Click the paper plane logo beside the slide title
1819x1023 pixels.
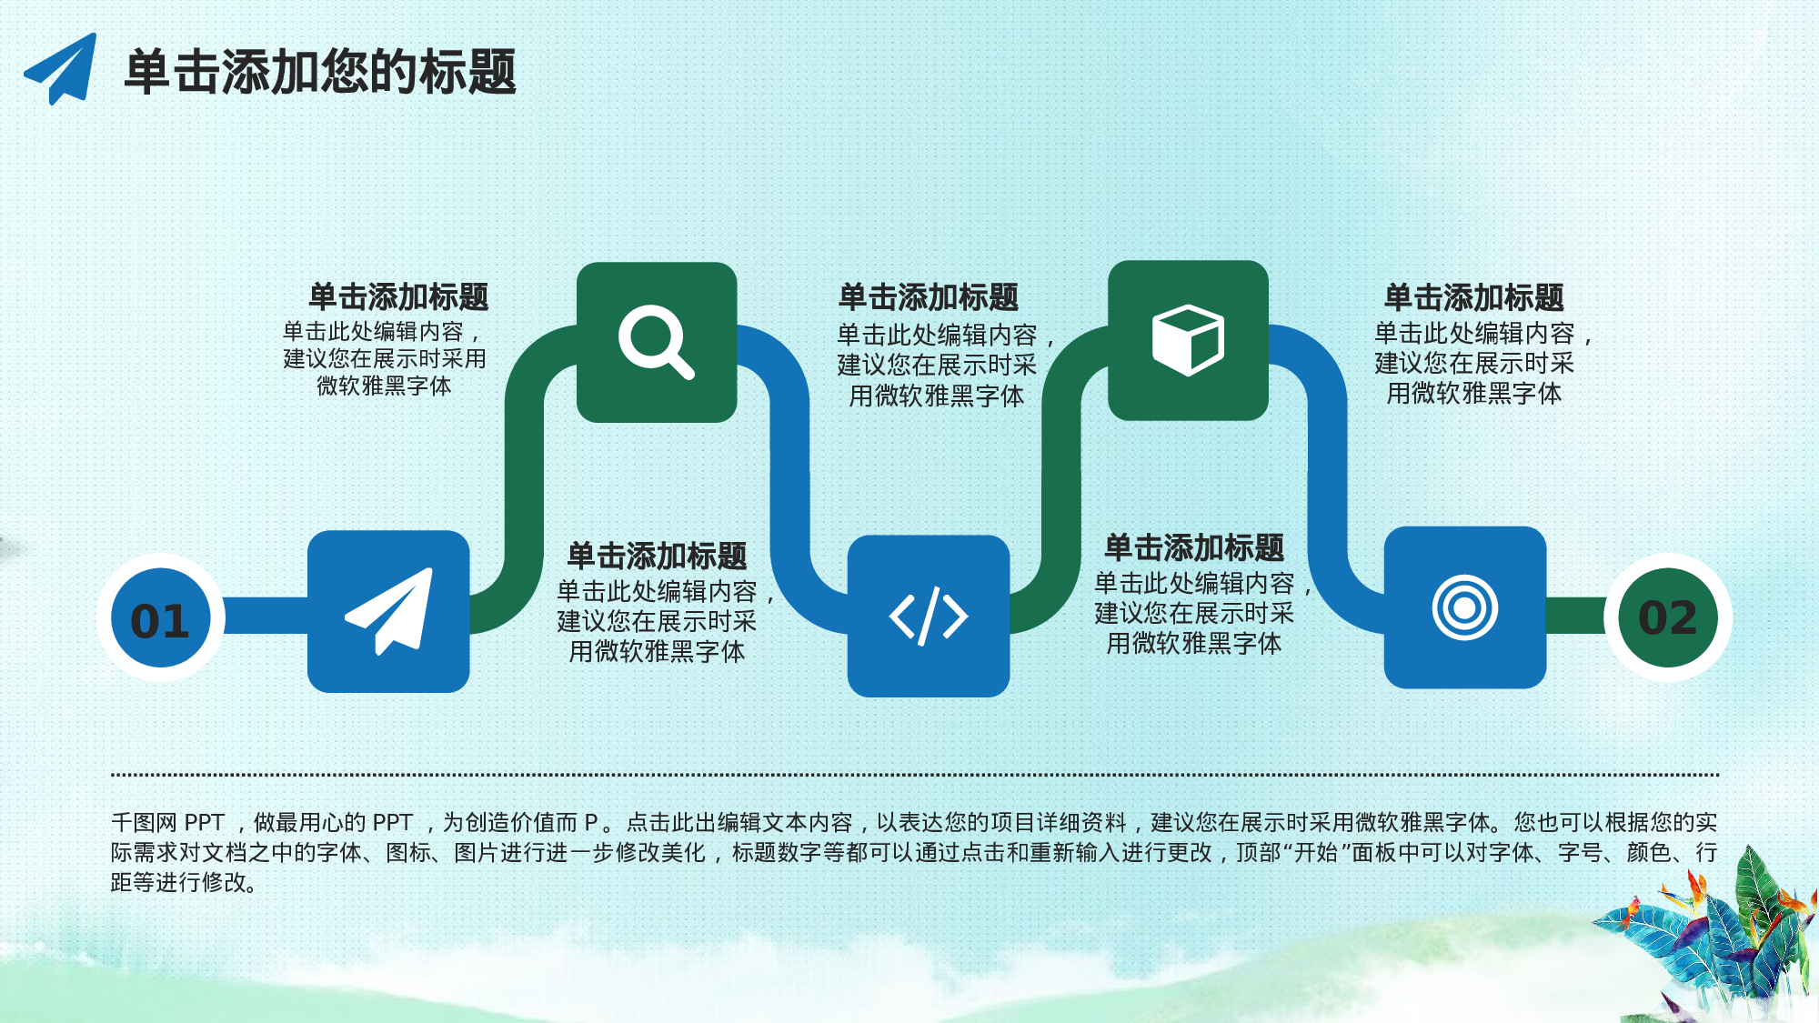[x=62, y=69]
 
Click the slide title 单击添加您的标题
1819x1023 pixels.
[x=320, y=72]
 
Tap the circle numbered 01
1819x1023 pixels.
[x=161, y=618]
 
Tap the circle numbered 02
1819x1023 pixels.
[x=1667, y=618]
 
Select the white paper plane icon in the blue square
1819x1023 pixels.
[x=389, y=611]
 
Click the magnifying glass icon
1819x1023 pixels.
[x=656, y=342]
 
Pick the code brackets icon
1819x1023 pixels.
[x=928, y=617]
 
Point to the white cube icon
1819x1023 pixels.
[x=1188, y=340]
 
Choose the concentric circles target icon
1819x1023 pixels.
[x=1464, y=607]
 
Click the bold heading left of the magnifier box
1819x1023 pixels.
[x=398, y=297]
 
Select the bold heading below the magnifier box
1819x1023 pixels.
[x=657, y=556]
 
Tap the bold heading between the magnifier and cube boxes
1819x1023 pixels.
[x=929, y=297]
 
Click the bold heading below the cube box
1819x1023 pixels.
[x=1194, y=548]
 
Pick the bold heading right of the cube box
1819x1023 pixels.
[x=1473, y=297]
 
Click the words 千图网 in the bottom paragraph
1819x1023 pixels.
[x=144, y=823]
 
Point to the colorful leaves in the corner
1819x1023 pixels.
[x=1719, y=937]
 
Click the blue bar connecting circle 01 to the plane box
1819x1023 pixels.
[x=266, y=616]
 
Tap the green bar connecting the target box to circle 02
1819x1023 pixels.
[x=1576, y=616]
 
